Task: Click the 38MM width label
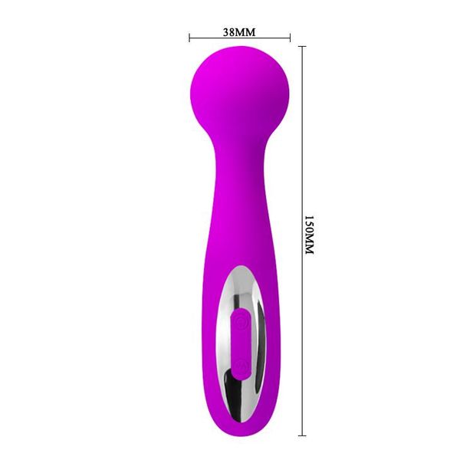pos(238,32)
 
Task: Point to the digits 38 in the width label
pos(228,32)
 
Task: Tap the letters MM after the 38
pos(245,32)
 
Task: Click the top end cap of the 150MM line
pos(301,46)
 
